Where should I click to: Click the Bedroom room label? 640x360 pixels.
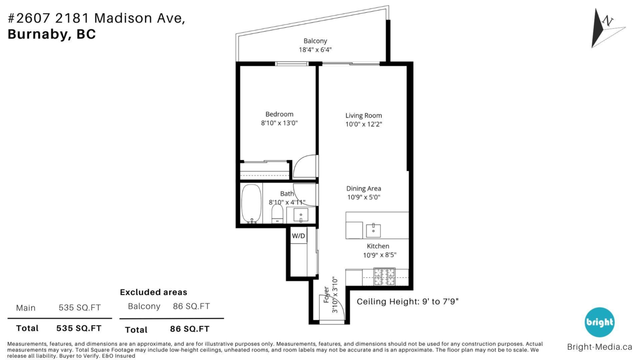click(x=279, y=114)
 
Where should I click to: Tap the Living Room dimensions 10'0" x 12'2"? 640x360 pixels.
click(x=363, y=124)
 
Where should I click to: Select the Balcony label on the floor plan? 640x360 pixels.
click(x=315, y=41)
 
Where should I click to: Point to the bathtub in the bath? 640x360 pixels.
click(x=251, y=203)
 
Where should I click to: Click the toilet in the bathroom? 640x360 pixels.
click(x=277, y=213)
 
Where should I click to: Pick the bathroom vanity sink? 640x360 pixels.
click(x=301, y=215)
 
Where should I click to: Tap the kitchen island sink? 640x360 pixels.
click(x=373, y=230)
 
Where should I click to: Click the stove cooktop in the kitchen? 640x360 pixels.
click(x=385, y=277)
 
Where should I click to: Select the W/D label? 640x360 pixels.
click(x=298, y=236)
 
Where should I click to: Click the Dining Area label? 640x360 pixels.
click(x=363, y=189)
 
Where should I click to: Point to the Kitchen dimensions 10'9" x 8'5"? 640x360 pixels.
click(x=379, y=255)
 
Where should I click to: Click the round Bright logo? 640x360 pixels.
click(x=599, y=322)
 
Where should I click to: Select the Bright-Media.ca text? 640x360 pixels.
click(x=599, y=347)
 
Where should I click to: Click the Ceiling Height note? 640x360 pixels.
click(x=407, y=302)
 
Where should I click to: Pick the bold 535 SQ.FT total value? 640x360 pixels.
click(x=79, y=329)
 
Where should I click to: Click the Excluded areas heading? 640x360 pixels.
click(x=154, y=292)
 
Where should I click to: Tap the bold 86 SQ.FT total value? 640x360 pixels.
click(x=190, y=329)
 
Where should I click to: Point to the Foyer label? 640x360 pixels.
click(x=326, y=294)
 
